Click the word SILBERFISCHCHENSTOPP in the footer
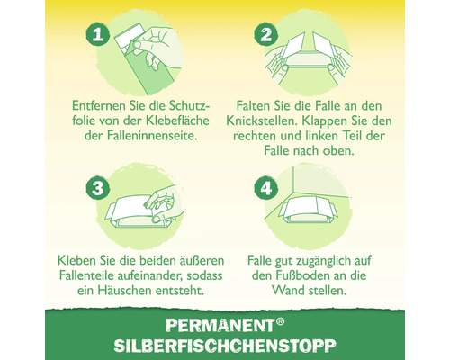tap(225, 346)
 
